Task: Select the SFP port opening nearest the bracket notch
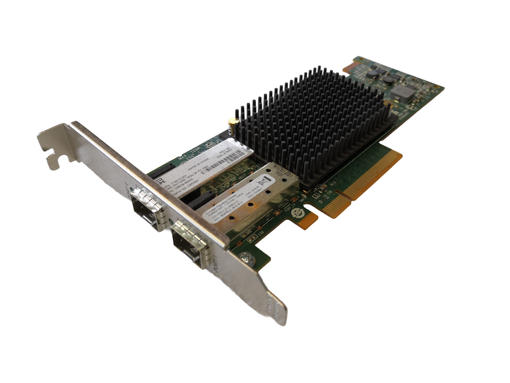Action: tap(146, 207)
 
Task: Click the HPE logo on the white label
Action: tap(160, 182)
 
